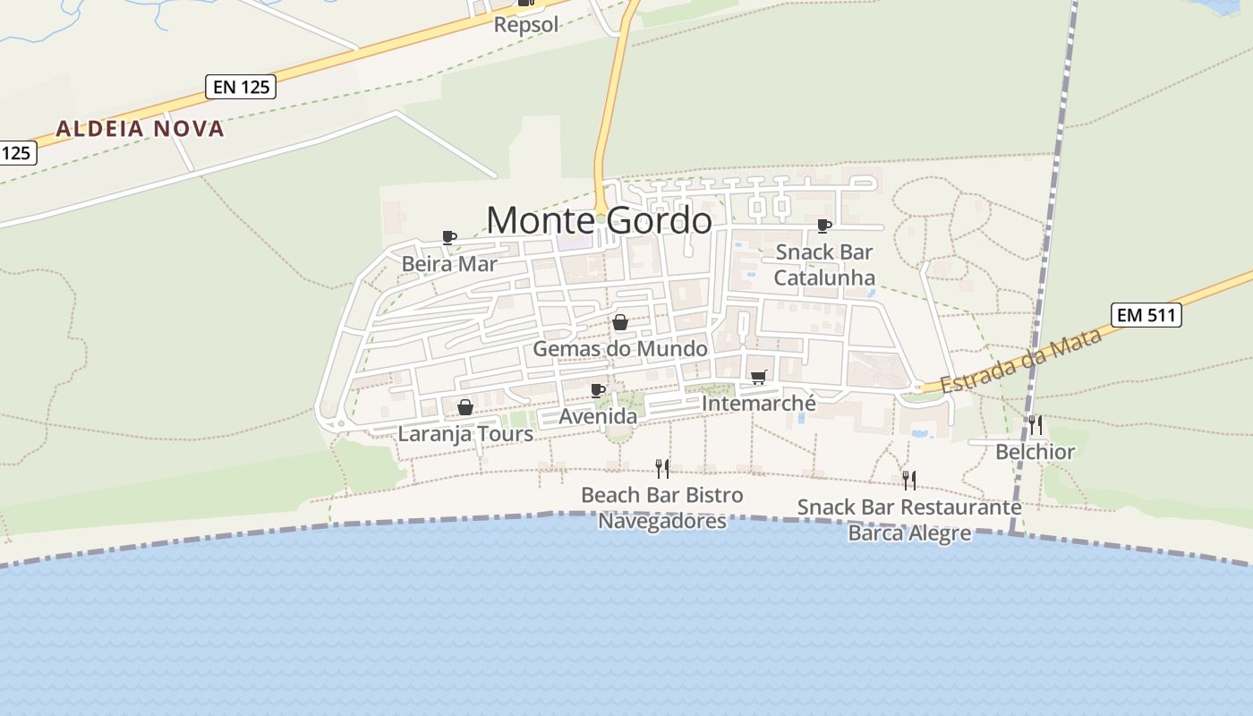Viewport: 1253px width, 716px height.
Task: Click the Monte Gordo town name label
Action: [x=599, y=220]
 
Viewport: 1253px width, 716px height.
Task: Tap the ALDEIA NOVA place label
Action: [x=140, y=129]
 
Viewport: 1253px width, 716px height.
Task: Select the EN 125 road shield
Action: [x=240, y=87]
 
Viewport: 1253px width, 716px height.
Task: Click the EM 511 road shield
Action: [x=1146, y=315]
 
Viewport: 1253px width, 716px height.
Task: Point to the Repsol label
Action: [x=526, y=24]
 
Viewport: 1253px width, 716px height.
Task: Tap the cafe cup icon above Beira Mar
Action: [x=449, y=237]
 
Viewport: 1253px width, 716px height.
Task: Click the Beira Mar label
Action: [x=448, y=264]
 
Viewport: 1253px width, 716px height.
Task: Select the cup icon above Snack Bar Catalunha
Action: [x=824, y=225]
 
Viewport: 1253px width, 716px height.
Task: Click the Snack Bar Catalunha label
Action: [x=824, y=265]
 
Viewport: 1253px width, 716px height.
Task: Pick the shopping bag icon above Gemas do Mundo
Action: [x=620, y=322]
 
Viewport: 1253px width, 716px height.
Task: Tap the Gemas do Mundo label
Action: [x=620, y=349]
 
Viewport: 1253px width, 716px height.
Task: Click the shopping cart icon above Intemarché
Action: [x=759, y=377]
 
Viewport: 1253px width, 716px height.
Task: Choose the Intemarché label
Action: [x=759, y=404]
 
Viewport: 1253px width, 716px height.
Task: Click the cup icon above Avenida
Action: [x=598, y=390]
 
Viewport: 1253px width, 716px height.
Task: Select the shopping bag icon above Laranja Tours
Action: [x=465, y=408]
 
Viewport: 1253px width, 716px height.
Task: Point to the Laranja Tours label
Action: [x=465, y=435]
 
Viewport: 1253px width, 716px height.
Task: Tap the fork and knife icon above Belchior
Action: [x=1035, y=424]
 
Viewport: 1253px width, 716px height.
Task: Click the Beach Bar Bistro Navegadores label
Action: [x=662, y=507]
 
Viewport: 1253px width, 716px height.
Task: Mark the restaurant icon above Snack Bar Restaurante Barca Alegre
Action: [x=909, y=481]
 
